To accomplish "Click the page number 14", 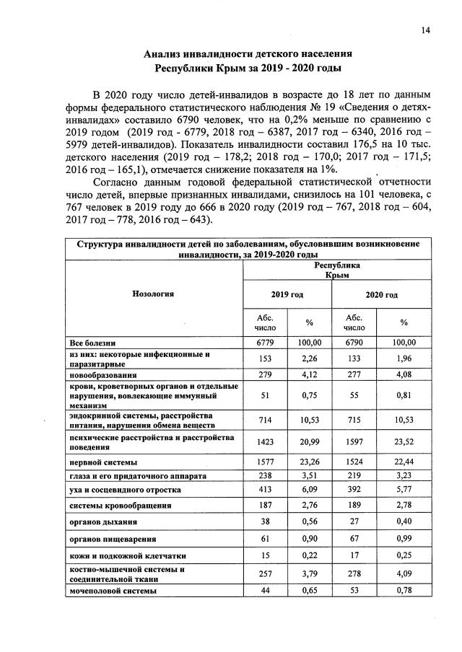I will coord(426,30).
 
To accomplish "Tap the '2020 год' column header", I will coord(381,295).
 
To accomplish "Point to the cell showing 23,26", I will coord(310,462).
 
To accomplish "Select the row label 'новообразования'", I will coord(103,376).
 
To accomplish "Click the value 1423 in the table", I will coord(265,443).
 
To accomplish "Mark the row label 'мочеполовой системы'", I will coord(112,591).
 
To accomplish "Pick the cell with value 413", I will coord(265,490).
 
